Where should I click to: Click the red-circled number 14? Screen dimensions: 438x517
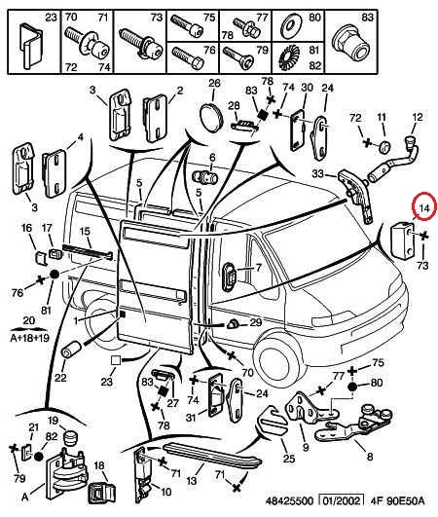424,208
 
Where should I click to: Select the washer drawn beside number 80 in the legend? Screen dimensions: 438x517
291,26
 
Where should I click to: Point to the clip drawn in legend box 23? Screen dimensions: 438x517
32,45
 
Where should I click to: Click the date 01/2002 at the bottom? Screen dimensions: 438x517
342,500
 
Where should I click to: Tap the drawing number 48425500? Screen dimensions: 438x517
289,501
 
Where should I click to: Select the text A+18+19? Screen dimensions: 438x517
29,338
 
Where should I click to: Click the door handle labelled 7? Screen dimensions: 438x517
229,277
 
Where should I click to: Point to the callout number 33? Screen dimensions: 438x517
318,173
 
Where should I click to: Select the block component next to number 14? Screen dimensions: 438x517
402,240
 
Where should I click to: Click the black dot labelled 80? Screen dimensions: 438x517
352,387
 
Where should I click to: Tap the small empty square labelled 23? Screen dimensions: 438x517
116,360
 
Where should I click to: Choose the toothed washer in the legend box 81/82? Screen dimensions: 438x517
289,58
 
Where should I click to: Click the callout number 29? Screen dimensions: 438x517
255,322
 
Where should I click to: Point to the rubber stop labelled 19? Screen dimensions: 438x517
70,437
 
